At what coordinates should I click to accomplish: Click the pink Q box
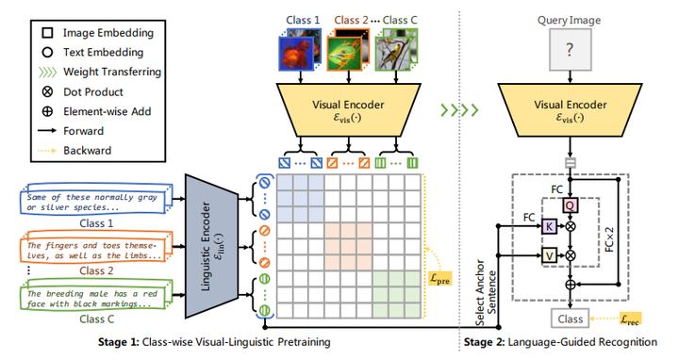569,205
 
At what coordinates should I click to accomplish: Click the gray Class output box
570,318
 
